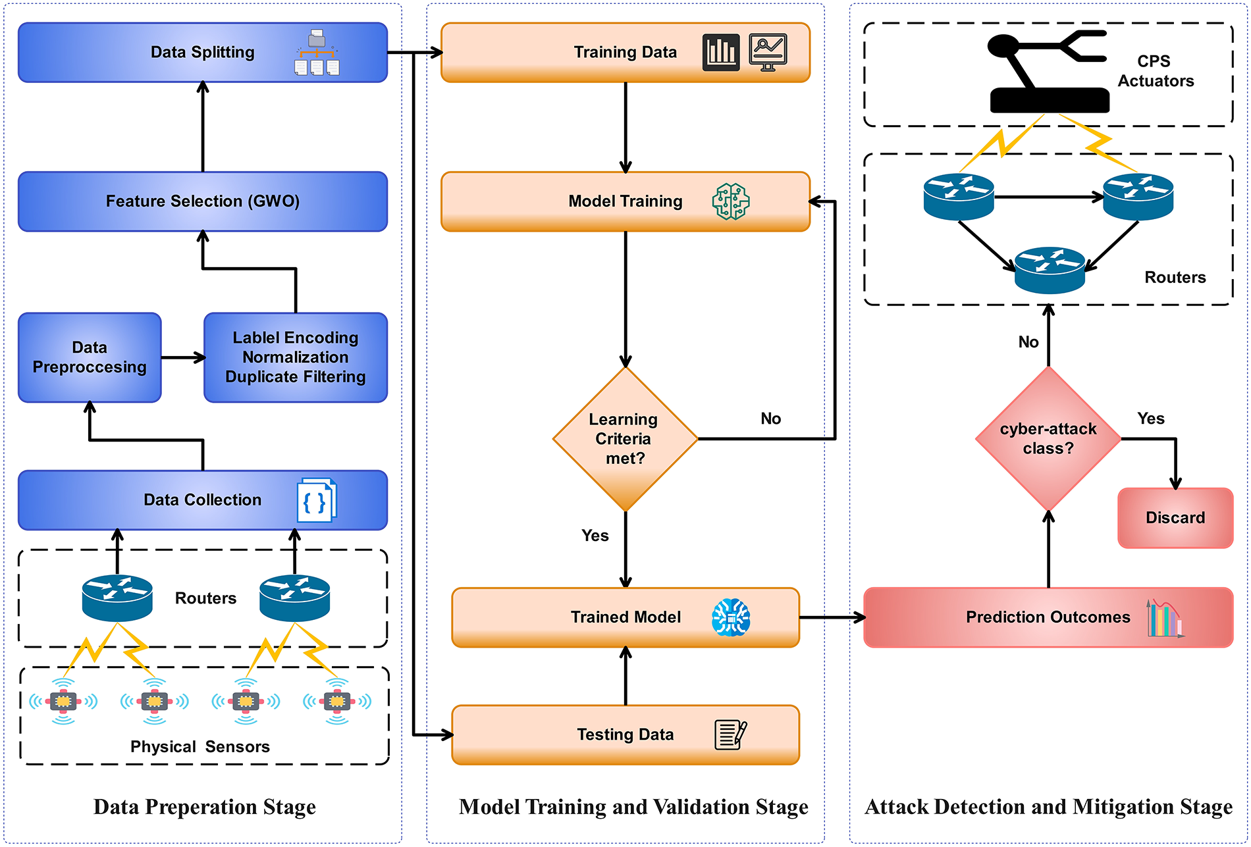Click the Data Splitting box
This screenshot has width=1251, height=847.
point(202,53)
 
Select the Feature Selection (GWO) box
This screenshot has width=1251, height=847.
point(202,201)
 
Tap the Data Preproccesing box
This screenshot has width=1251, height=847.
point(90,357)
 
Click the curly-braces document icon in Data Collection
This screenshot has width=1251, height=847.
point(317,501)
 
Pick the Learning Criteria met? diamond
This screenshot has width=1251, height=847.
point(625,439)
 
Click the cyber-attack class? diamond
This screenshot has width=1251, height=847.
point(1048,439)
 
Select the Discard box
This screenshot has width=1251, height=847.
point(1175,518)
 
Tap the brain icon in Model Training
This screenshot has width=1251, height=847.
point(731,201)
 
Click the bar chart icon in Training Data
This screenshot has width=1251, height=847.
point(721,52)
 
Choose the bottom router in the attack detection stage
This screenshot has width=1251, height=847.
point(1050,270)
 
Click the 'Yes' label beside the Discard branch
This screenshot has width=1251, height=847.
point(1151,419)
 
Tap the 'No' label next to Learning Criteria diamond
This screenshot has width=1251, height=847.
point(771,419)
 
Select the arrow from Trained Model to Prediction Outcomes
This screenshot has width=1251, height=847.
point(832,617)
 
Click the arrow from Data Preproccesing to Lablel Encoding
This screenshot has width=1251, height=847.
point(182,358)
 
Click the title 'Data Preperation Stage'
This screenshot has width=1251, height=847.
point(204,807)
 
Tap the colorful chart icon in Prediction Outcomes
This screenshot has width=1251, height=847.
point(1164,618)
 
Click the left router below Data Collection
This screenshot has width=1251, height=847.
point(117,598)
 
